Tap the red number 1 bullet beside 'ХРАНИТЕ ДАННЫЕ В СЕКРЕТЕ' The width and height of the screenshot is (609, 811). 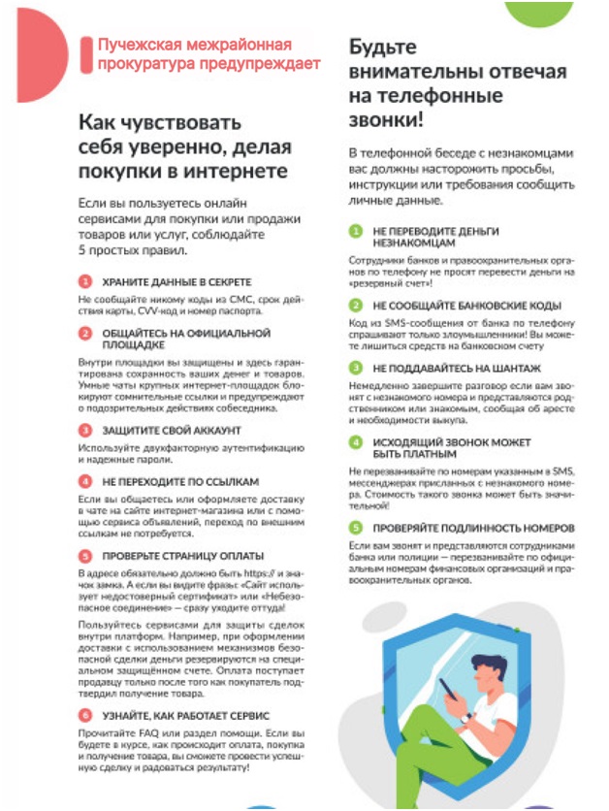point(85,281)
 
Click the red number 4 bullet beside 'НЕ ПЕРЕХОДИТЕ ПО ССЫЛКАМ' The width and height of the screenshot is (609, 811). point(85,480)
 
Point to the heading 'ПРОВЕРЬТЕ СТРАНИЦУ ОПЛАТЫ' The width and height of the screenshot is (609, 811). point(182,556)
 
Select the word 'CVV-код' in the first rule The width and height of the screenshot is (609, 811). point(154,311)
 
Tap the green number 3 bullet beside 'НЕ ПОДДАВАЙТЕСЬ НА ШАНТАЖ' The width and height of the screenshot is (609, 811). point(355,368)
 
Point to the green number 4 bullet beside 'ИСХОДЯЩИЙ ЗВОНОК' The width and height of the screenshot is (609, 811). point(355,441)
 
